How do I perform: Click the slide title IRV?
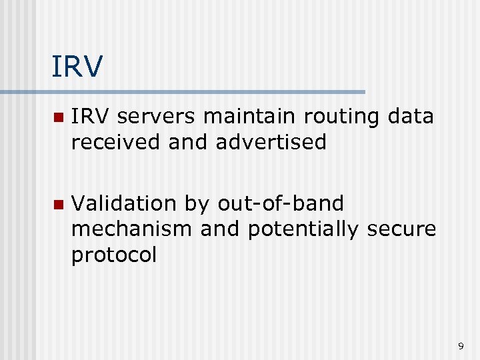(x=77, y=67)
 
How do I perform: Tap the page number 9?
(x=460, y=346)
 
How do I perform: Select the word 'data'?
(x=409, y=117)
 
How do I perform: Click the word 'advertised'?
(x=271, y=142)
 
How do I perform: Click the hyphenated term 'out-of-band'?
(x=281, y=203)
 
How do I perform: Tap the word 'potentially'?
(x=303, y=230)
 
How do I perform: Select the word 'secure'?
(x=402, y=229)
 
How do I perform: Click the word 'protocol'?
(x=113, y=255)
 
